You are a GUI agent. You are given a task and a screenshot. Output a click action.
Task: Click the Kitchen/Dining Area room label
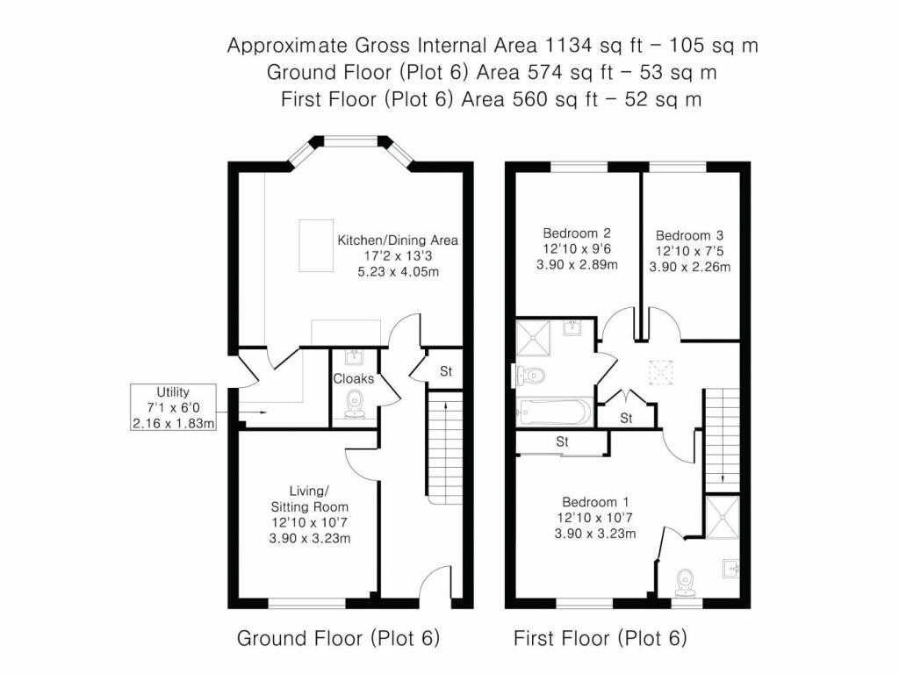click(x=398, y=240)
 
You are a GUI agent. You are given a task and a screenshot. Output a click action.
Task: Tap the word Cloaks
click(x=354, y=379)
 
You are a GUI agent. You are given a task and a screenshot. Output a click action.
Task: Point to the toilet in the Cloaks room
click(x=356, y=405)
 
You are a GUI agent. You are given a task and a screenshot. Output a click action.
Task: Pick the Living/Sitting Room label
click(x=306, y=498)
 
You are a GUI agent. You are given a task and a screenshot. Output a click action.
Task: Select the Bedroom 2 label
click(x=576, y=233)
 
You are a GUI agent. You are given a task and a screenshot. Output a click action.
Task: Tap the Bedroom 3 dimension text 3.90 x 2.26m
click(x=689, y=268)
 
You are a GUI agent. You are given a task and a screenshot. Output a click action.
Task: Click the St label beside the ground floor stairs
click(x=445, y=371)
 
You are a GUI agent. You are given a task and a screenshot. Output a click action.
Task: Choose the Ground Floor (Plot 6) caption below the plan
click(x=338, y=638)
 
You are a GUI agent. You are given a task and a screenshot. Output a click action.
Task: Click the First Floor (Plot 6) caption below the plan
click(x=601, y=638)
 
